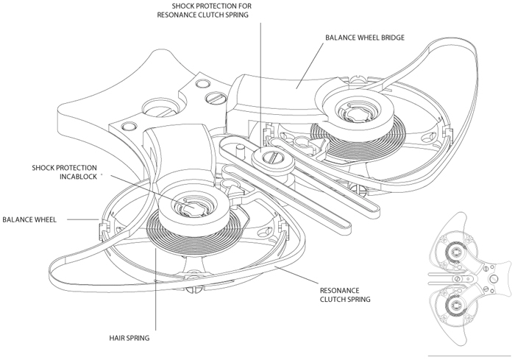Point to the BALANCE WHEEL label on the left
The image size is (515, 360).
[x=35, y=219]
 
